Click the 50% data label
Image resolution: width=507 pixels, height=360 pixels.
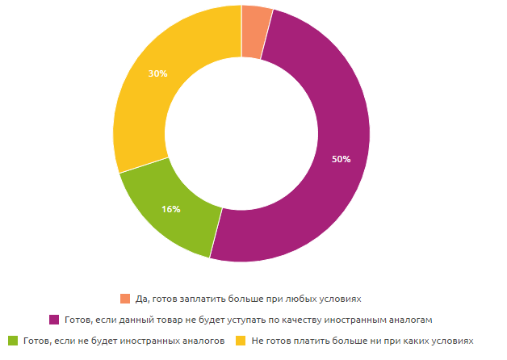[x=341, y=159]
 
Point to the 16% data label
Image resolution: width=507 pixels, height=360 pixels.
[x=170, y=209]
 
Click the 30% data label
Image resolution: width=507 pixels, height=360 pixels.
[x=158, y=73]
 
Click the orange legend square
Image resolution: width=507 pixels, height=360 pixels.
[x=124, y=298]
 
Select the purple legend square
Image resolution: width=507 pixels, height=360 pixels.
[x=54, y=320]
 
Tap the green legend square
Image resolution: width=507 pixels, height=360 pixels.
[x=12, y=341]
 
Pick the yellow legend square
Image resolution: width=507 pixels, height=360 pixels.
[x=240, y=341]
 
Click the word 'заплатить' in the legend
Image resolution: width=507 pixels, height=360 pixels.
[x=198, y=298]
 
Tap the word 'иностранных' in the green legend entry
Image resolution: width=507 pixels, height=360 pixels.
[x=149, y=341]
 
